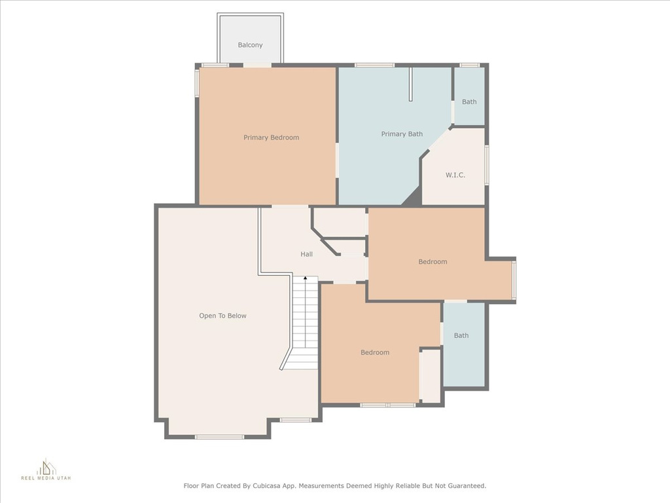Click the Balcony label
[250, 45]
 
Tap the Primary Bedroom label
[272, 138]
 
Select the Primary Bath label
[402, 134]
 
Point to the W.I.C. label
[455, 175]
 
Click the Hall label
[306, 254]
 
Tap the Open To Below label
[222, 316]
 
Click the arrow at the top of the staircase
[305, 278]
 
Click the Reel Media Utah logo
[46, 469]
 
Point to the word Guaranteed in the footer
[466, 486]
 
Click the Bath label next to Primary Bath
[469, 102]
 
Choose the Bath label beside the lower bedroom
[461, 335]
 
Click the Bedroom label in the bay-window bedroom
[432, 262]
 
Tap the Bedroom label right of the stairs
[375, 352]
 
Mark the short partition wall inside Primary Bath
[411, 84]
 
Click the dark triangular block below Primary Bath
[412, 198]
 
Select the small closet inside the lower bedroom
[430, 376]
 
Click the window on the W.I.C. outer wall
[487, 165]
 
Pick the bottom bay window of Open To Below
[219, 437]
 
